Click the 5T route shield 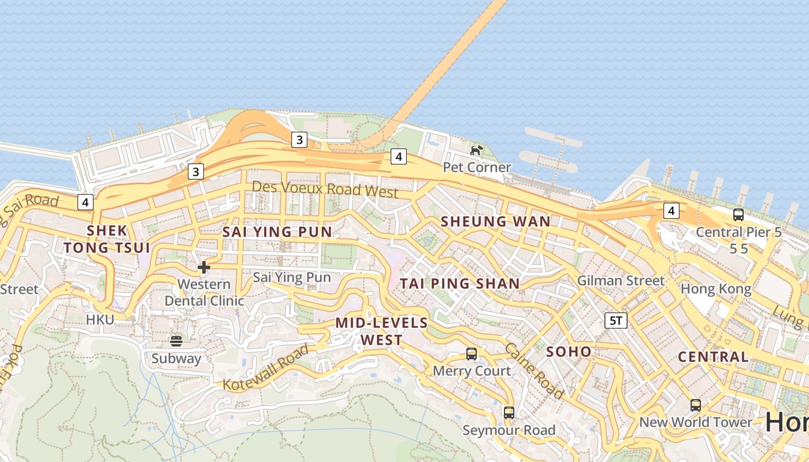tap(616, 321)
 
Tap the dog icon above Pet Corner tap(476, 151)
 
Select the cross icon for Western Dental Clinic tap(204, 267)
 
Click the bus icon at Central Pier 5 tap(738, 215)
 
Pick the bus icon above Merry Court tap(472, 354)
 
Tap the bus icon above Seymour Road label tap(509, 413)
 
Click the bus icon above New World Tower tap(696, 405)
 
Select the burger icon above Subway tap(176, 341)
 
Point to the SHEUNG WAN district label tap(496, 221)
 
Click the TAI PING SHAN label tap(460, 284)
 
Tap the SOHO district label tap(569, 352)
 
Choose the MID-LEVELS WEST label tap(381, 331)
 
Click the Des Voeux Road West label tap(325, 189)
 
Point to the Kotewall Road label tap(266, 368)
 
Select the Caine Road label tap(534, 371)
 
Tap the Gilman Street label tap(621, 281)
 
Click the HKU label tap(101, 319)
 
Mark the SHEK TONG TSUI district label tap(107, 239)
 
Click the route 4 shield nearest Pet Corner tap(398, 157)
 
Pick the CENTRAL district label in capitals tap(713, 357)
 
